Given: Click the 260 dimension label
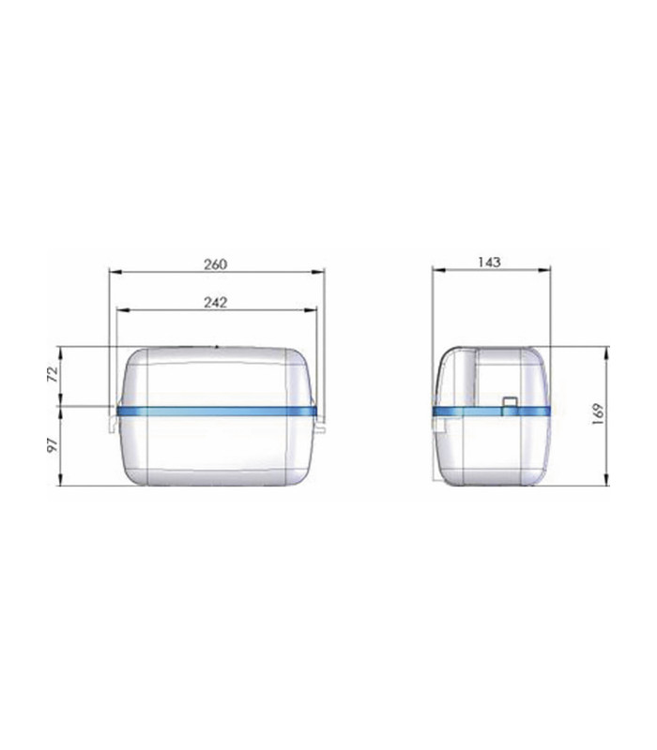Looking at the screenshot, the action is tap(216, 264).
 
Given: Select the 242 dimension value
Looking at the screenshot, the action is tap(216, 303).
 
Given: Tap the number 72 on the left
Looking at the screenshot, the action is tap(53, 373).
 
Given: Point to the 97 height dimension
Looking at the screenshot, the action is tap(53, 444).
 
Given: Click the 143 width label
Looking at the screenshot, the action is tap(489, 262).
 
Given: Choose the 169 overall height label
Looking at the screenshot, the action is tap(598, 414).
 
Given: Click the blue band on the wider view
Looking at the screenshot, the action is tap(217, 411).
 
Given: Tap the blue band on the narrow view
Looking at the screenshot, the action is tap(491, 411).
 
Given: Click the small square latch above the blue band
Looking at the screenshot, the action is tap(509, 402).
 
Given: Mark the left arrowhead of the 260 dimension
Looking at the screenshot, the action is tap(115, 272).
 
